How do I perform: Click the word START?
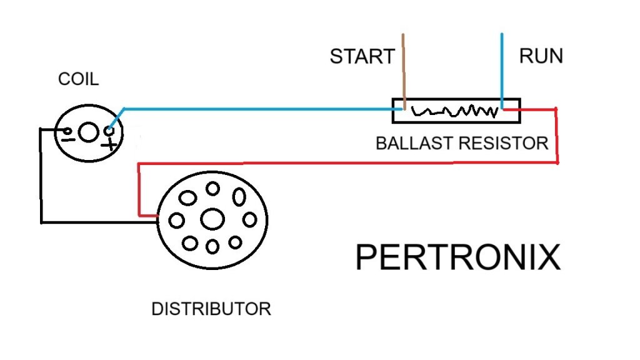pyautogui.click(x=362, y=57)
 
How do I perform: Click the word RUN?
pyautogui.click(x=541, y=56)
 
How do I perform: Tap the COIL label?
pyautogui.click(x=78, y=79)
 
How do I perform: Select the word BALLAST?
pyautogui.click(x=414, y=143)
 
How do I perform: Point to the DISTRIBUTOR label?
pyautogui.click(x=211, y=309)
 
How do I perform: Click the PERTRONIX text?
pyautogui.click(x=457, y=257)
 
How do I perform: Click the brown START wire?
pyautogui.click(x=404, y=69)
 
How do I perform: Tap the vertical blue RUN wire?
pyautogui.click(x=502, y=69)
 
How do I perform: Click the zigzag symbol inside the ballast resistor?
pyautogui.click(x=456, y=112)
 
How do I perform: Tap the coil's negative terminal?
pyautogui.click(x=66, y=131)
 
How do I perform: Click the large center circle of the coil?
pyautogui.click(x=89, y=132)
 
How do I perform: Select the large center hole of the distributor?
pyautogui.click(x=212, y=219)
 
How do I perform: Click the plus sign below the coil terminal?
pyautogui.click(x=111, y=145)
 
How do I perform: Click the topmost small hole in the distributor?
pyautogui.click(x=213, y=188)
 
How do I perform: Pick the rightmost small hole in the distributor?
pyautogui.click(x=250, y=220)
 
